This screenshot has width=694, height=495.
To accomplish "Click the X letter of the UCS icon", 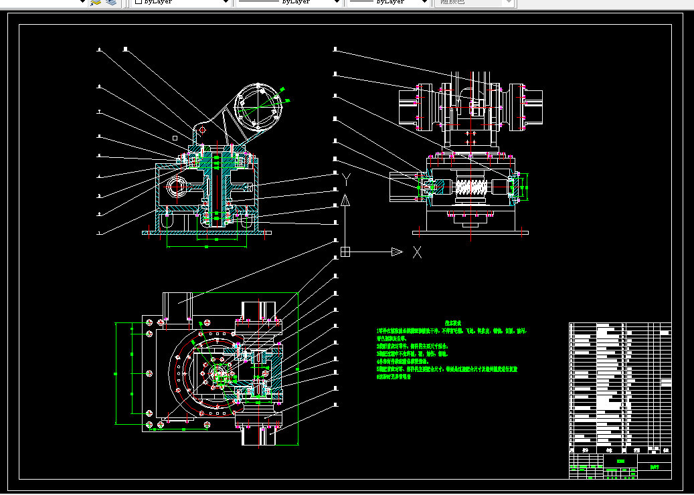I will (417, 252).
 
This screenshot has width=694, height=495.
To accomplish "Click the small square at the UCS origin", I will (345, 252).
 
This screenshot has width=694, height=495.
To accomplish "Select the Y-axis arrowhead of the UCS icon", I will (345, 201).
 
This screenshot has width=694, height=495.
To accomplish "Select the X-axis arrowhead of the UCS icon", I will (397, 252).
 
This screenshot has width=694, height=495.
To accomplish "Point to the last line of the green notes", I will (394, 377).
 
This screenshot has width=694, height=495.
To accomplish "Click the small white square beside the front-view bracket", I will (175, 137).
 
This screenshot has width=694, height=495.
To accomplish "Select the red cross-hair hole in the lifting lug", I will (203, 129).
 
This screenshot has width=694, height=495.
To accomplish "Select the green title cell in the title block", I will (620, 462).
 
